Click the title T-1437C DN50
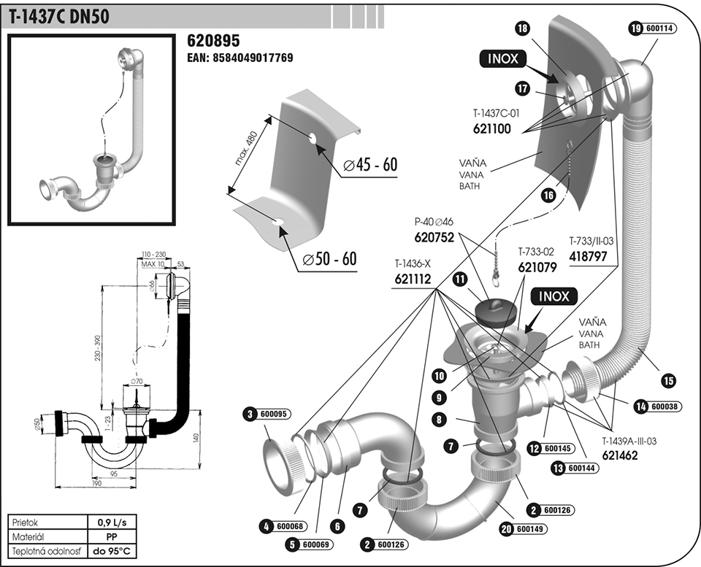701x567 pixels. click(59, 16)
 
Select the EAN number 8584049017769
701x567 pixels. click(240, 57)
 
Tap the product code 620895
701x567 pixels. click(213, 40)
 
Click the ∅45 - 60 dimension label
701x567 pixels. click(370, 165)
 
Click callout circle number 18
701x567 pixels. click(521, 28)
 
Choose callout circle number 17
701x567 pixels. click(522, 88)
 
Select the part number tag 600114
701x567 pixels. click(660, 28)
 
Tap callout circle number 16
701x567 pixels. click(548, 195)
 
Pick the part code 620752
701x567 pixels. click(434, 237)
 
